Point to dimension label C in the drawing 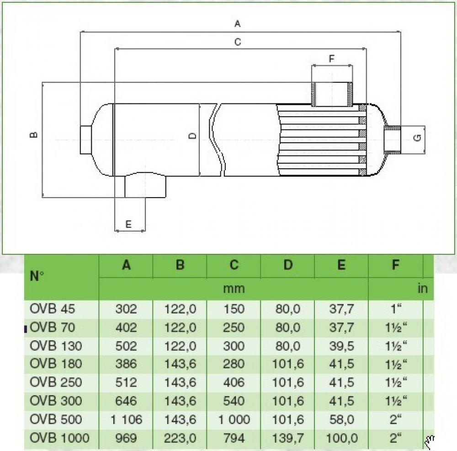[237, 42]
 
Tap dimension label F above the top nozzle [332, 59]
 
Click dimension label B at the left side [33, 135]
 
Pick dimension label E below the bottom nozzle [128, 224]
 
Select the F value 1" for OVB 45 [396, 310]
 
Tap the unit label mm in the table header [234, 289]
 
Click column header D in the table [287, 265]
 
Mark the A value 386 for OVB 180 [126, 365]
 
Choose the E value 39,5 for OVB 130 [341, 346]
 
